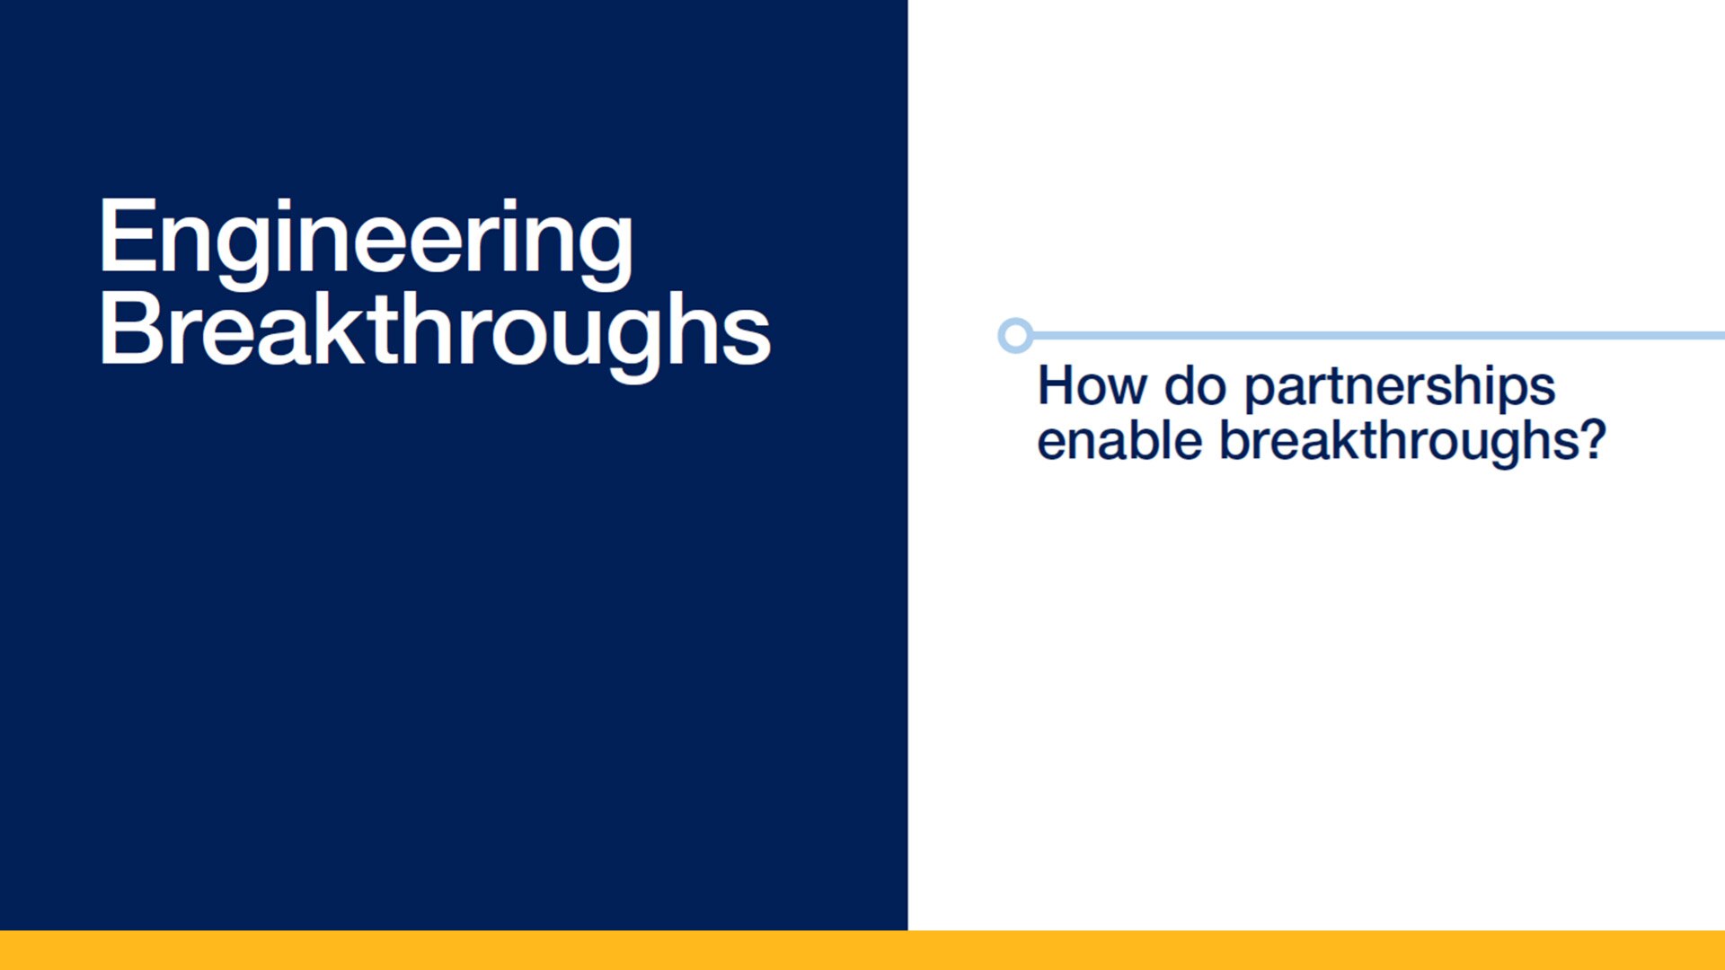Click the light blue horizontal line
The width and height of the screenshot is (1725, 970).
click(1379, 336)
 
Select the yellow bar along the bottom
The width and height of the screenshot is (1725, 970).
click(862, 950)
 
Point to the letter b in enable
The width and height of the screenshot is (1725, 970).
click(1147, 441)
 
